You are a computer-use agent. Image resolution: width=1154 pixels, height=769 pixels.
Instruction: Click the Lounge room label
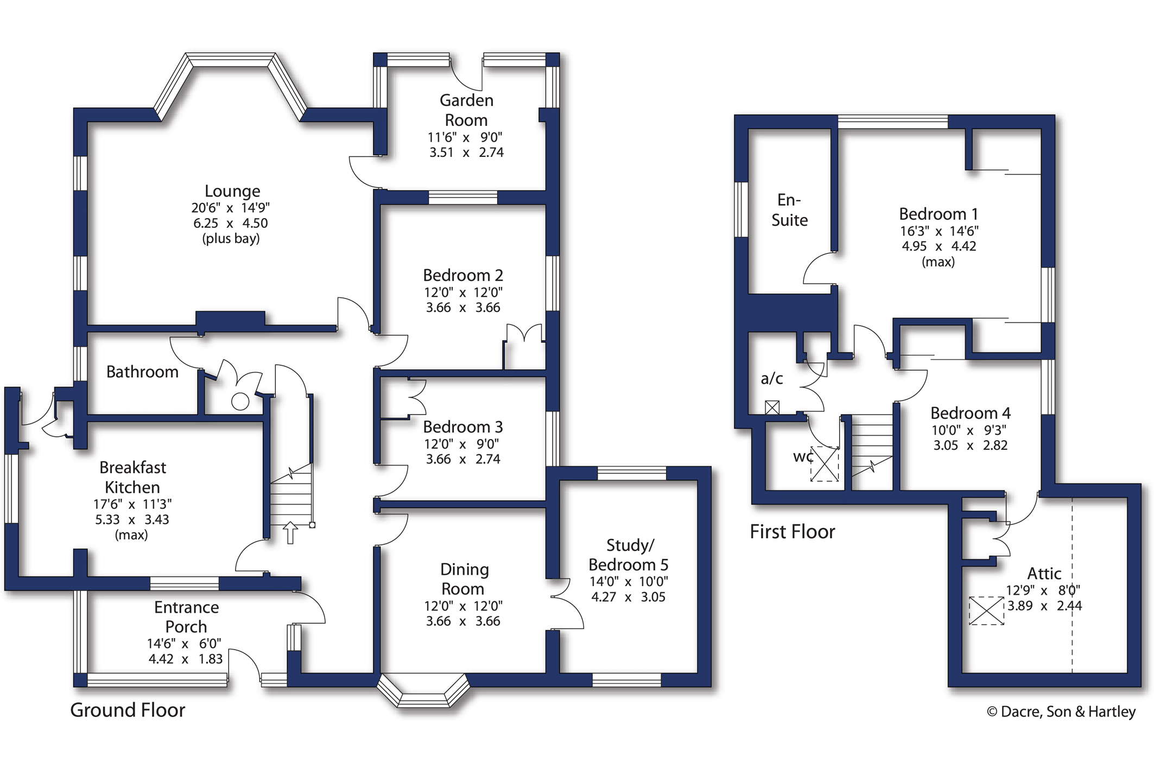pos(232,191)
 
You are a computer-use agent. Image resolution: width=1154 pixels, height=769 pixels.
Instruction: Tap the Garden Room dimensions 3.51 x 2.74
pos(466,152)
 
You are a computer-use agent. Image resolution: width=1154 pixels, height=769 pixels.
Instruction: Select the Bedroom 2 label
pos(463,275)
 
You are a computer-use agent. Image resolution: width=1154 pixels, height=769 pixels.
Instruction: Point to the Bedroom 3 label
pos(463,427)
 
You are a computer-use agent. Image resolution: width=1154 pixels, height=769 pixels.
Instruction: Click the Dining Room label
pos(464,579)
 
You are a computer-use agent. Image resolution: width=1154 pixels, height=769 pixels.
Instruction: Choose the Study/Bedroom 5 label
pos(629,555)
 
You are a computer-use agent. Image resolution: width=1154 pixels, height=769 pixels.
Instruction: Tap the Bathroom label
pos(142,372)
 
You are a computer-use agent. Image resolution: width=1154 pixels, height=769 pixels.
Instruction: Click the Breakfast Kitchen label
pos(132,477)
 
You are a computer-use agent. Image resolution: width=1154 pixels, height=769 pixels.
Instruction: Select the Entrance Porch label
pos(186,617)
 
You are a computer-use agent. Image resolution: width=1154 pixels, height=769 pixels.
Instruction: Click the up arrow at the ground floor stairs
pos(290,532)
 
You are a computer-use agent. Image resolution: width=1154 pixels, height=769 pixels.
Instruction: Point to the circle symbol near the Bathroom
pos(240,402)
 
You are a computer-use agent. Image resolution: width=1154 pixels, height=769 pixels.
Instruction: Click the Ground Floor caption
pos(128,710)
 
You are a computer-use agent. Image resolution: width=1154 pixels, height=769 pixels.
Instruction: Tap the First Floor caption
pos(792,532)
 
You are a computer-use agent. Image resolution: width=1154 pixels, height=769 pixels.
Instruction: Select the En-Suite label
pos(789,210)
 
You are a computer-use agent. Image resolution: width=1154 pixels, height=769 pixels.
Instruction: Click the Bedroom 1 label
pos(939,214)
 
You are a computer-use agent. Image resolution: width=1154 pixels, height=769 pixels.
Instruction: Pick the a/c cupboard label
pos(772,378)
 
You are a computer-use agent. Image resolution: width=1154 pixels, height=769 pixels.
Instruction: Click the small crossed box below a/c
pos(772,407)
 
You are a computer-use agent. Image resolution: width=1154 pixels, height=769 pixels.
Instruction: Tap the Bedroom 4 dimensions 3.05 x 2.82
pos(971,446)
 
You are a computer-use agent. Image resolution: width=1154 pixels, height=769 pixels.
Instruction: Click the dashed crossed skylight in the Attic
pos(986,611)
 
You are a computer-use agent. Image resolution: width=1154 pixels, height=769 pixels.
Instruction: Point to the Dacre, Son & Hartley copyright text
pos(1061,711)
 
